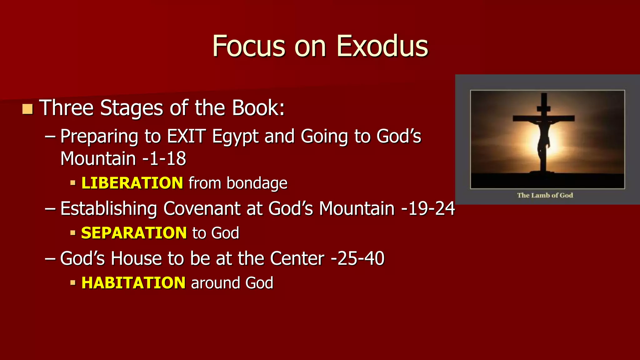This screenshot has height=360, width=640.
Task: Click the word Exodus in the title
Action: coord(382,46)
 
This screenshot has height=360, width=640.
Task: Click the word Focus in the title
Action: coord(249,46)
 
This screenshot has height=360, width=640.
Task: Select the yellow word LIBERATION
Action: coord(132,183)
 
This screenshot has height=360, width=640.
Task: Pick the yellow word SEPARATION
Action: coord(134,233)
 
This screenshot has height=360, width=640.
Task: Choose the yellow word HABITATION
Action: coord(133,283)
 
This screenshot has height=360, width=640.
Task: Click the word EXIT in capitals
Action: coord(186,136)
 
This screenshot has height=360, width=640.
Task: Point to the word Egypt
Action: coord(235,137)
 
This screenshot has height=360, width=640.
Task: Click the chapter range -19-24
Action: coord(428,208)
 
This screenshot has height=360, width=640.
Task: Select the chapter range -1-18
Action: coord(164,158)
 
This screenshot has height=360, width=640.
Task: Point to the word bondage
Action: coord(257,183)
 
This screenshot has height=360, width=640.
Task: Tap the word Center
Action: coord(297,258)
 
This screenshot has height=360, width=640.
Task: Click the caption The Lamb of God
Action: coord(545,195)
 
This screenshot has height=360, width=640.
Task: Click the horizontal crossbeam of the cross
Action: coord(544,118)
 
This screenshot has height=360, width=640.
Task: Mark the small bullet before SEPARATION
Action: coord(73,233)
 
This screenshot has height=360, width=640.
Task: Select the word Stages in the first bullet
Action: coord(132,108)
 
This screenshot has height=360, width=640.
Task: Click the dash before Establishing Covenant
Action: coord(50,208)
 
